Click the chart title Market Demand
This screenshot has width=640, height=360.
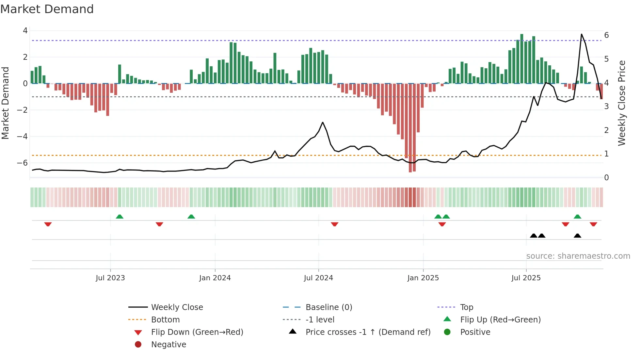click(47, 9)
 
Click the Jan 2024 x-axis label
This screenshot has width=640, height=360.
click(215, 278)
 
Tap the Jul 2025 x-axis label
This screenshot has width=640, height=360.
click(526, 278)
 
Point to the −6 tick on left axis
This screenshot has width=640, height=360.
click(22, 163)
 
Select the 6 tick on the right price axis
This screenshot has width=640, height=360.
click(606, 35)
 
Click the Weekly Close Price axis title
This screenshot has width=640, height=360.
click(622, 103)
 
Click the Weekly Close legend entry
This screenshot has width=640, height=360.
click(177, 307)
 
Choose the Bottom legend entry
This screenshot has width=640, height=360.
click(165, 319)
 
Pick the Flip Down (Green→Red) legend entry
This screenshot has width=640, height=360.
click(197, 332)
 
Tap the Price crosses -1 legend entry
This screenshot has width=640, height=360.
click(368, 332)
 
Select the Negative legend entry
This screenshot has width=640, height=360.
click(168, 344)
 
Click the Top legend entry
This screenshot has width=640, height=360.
click(466, 307)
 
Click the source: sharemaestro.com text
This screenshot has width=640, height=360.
click(578, 256)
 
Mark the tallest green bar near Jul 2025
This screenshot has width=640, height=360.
click(521, 59)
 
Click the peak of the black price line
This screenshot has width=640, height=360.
click(582, 34)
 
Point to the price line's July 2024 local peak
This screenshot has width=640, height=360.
click(323, 123)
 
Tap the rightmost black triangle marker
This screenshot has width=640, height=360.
click(577, 236)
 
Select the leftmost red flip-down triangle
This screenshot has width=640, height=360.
click(48, 224)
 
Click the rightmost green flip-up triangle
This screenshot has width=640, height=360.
click(577, 217)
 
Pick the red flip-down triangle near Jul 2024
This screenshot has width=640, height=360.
click(334, 224)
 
